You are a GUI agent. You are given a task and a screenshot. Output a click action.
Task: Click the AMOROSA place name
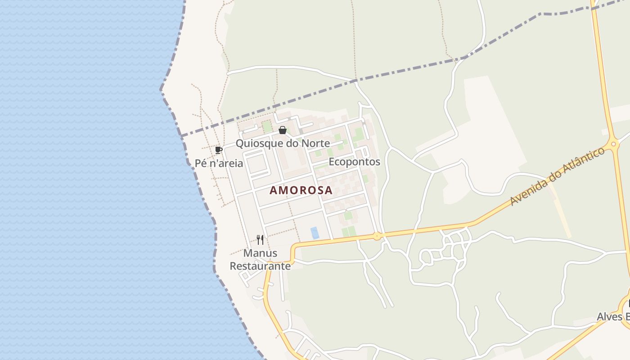(x=301, y=190)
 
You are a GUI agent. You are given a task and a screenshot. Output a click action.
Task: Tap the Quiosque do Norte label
(x=283, y=144)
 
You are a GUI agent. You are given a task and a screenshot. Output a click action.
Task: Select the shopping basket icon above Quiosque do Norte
(x=283, y=130)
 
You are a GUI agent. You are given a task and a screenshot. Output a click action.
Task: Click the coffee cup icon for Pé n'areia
(x=219, y=150)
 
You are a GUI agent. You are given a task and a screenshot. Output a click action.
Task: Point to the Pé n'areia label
(x=219, y=163)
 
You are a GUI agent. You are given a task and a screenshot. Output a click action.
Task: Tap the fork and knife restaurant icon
(x=260, y=239)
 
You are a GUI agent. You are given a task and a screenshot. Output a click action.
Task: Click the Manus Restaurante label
(x=260, y=260)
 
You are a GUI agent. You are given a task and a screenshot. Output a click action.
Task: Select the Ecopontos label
(x=355, y=162)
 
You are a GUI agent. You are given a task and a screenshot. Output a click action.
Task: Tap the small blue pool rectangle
(x=315, y=233)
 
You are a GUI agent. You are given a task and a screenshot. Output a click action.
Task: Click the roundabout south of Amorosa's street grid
(x=377, y=236)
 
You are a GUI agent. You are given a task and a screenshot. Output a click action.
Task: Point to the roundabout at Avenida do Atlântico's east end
(x=612, y=145)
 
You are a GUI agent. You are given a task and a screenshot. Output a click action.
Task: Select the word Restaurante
(x=260, y=266)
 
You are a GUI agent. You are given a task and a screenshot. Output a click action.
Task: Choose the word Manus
(x=260, y=253)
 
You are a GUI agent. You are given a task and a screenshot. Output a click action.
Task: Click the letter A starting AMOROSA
(x=273, y=190)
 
